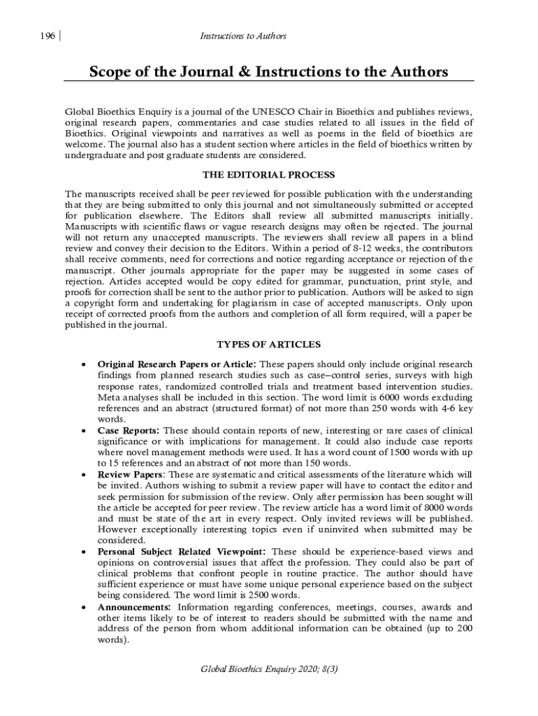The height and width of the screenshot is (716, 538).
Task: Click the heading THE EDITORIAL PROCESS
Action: (x=268, y=174)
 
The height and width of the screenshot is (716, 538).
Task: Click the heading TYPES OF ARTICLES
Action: (x=268, y=345)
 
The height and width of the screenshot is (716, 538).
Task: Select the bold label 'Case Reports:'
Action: (x=129, y=430)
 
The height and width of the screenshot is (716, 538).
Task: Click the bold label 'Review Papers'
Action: (x=130, y=475)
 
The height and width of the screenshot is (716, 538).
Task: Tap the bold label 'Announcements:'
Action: (x=134, y=607)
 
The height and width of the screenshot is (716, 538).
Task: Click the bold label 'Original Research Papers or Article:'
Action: (x=177, y=364)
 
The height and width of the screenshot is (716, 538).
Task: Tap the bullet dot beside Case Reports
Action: (x=84, y=431)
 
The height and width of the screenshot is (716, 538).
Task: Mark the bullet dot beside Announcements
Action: (x=84, y=608)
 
